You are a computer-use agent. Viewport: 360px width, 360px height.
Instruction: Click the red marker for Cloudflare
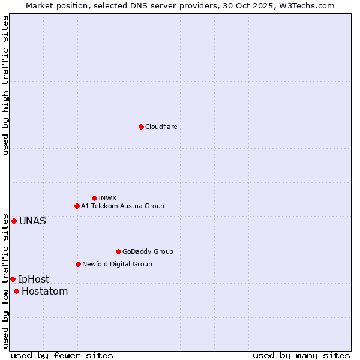tap(141, 127)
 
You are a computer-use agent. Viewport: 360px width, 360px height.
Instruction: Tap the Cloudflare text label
tap(161, 127)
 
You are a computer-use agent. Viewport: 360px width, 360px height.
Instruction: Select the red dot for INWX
tap(94, 198)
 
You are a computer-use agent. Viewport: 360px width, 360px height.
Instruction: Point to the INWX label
tap(108, 198)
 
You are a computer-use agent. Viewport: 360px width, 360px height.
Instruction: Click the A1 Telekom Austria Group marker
tap(77, 206)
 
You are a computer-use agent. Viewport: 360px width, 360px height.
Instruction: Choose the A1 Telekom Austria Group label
tap(122, 206)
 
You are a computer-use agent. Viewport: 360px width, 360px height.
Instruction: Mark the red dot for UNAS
tap(14, 221)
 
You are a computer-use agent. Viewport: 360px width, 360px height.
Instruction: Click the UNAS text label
tap(32, 221)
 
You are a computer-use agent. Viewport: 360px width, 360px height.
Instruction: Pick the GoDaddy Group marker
tap(118, 251)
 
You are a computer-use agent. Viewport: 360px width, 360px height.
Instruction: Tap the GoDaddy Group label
tap(148, 251)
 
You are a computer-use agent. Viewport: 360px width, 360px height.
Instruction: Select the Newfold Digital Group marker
tap(78, 264)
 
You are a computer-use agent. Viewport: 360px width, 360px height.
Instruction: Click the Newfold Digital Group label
tap(117, 264)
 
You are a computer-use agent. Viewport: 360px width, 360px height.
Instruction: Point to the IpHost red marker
tap(13, 279)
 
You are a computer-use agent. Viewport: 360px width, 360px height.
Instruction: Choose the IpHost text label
tap(34, 279)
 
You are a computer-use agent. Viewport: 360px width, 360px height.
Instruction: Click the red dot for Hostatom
tap(16, 292)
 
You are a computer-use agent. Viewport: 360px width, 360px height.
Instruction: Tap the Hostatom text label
tap(44, 292)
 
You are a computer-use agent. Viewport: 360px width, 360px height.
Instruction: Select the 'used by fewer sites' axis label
tap(62, 355)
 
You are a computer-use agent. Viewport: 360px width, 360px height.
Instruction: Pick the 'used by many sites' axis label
tap(301, 355)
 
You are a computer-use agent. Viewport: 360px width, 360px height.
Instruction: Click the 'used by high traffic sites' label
tap(5, 85)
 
